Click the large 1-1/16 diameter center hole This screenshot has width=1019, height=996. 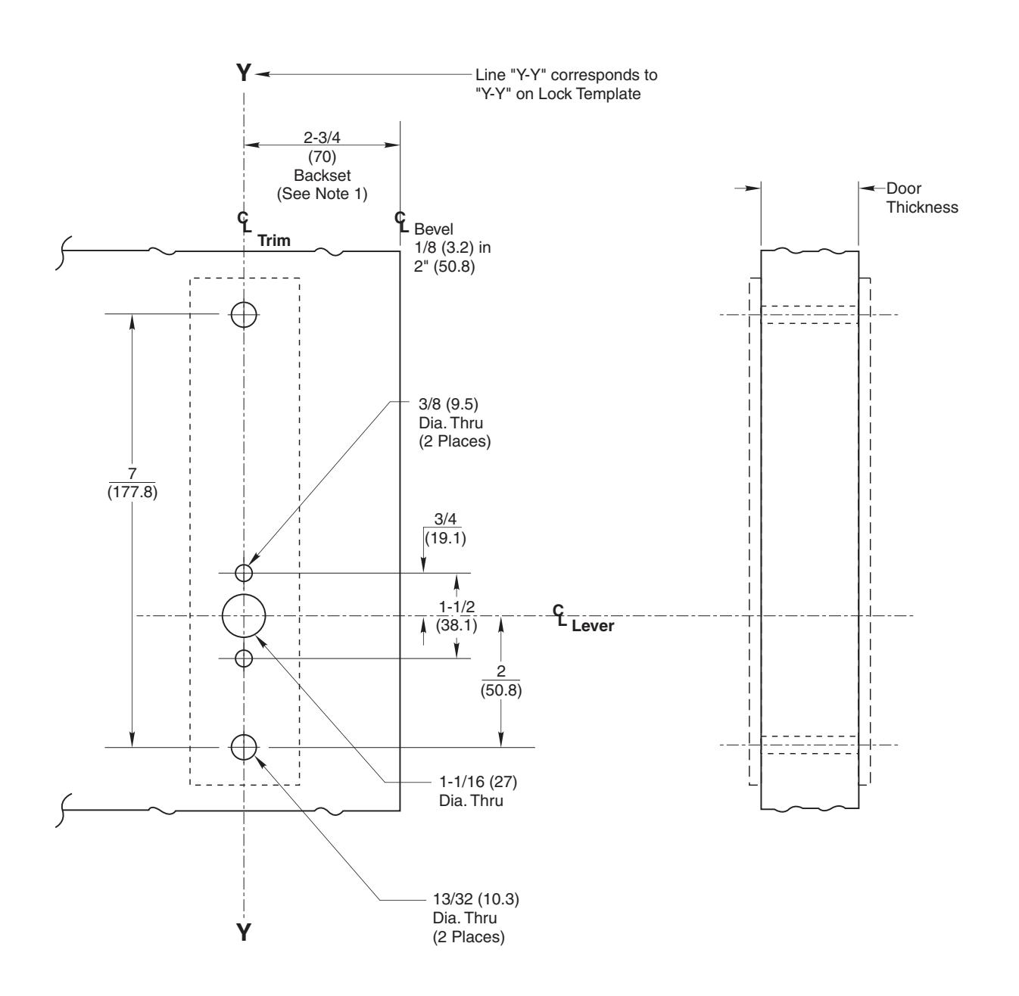[x=244, y=616]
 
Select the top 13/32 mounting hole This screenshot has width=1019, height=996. [x=244, y=313]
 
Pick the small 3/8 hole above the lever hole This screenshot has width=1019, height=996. [x=244, y=573]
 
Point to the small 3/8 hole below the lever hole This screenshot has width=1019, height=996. [x=244, y=658]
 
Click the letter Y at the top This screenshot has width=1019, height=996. [x=243, y=73]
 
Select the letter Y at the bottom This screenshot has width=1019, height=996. [x=243, y=932]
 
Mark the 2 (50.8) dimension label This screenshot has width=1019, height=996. [x=500, y=681]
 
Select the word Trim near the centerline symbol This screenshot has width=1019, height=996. [x=274, y=241]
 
